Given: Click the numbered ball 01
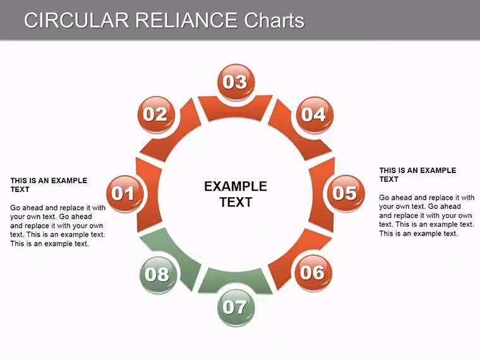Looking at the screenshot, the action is tap(124, 193).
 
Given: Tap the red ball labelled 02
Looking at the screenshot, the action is tap(156, 114).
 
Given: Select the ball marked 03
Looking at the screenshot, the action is tap(236, 81).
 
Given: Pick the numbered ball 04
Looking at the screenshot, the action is tap(314, 114).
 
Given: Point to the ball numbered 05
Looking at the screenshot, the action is tap(346, 193).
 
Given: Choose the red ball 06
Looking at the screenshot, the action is tap(313, 272).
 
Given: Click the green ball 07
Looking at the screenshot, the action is tap(236, 307).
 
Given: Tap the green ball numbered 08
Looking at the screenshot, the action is tap(158, 274).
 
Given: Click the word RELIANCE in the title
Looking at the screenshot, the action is tap(186, 20).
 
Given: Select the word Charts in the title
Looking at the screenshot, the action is tap(274, 20).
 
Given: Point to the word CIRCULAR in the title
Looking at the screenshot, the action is tap(76, 20).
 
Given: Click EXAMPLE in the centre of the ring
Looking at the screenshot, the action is tap(236, 186).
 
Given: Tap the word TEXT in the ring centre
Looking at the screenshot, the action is tap(236, 202).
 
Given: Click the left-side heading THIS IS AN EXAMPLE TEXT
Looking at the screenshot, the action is tap(49, 185).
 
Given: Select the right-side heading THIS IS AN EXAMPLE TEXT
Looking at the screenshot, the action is tap(418, 175).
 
